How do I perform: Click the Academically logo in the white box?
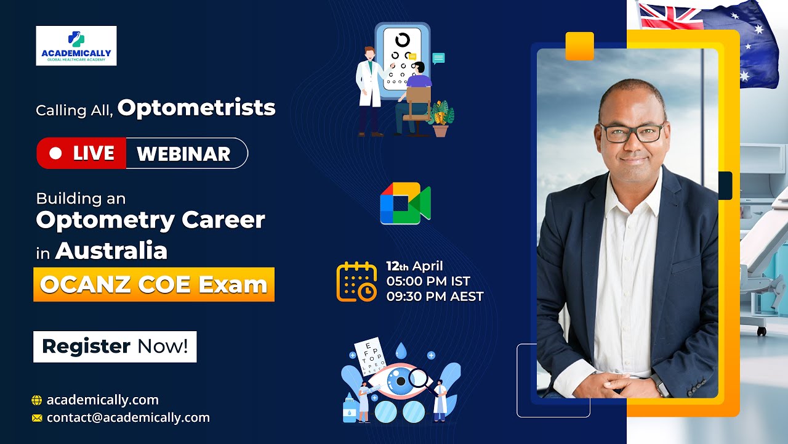point(76,46)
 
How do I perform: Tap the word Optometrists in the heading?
point(196,108)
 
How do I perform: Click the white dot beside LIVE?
point(55,154)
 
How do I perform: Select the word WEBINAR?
point(183,154)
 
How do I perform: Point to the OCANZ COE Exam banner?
point(154,284)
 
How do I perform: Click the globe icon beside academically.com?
point(37,400)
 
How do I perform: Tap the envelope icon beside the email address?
point(37,418)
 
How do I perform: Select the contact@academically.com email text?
point(128,417)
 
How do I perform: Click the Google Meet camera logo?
point(405,203)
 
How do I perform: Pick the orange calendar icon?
point(356,282)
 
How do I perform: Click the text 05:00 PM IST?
point(428,281)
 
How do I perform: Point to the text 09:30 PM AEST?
point(435,296)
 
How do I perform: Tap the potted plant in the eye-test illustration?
point(441,118)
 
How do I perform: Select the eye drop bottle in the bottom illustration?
point(350,409)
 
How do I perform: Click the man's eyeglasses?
point(632,132)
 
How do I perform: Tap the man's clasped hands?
point(622,383)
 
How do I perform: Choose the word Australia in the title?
point(111,251)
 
